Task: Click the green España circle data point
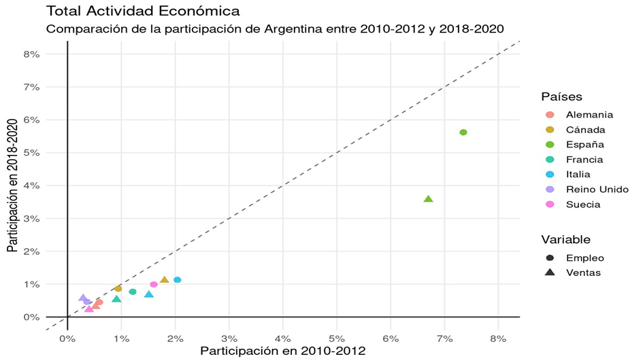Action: click(x=463, y=133)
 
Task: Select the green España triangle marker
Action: click(x=428, y=199)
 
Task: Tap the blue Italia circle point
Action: click(x=178, y=280)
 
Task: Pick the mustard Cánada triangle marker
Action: click(x=164, y=280)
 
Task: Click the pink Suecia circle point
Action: click(x=154, y=284)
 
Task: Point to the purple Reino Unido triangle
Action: click(x=82, y=298)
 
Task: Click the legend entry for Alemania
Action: click(x=589, y=115)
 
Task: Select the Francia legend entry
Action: click(x=584, y=160)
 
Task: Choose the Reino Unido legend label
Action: click(x=597, y=190)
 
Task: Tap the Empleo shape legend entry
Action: click(x=584, y=258)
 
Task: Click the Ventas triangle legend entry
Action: click(x=583, y=273)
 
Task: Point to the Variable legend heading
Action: click(x=565, y=239)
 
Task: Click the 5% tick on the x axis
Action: click(x=337, y=339)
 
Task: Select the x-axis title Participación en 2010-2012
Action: click(x=282, y=351)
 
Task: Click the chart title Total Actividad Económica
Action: click(x=142, y=12)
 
